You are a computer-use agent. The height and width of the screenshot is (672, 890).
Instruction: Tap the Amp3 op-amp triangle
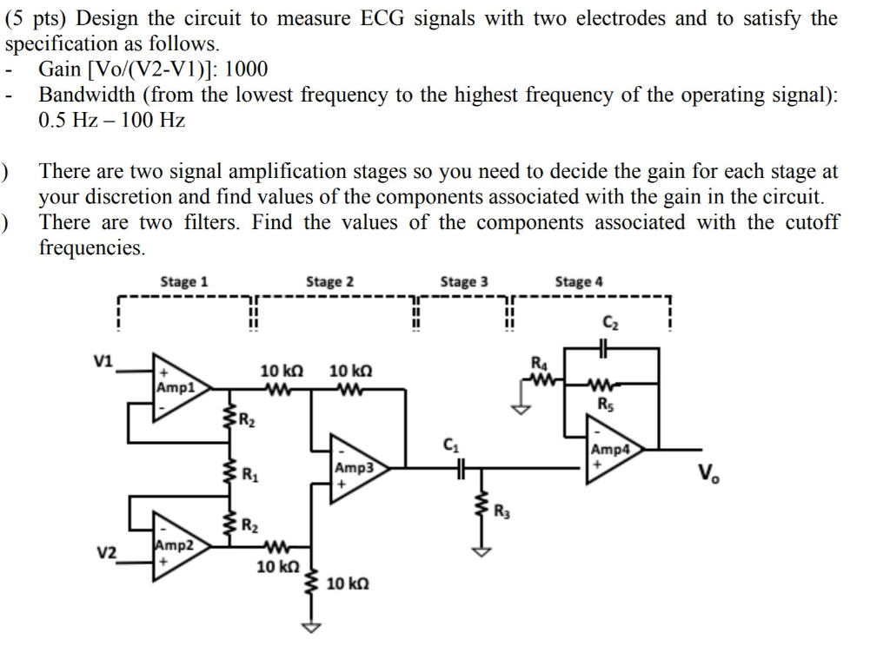click(355, 469)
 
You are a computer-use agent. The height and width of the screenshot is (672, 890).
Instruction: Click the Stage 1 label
click(184, 281)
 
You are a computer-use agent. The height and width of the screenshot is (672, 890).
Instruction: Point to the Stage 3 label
click(464, 281)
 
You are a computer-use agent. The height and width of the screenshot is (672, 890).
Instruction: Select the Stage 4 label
click(579, 281)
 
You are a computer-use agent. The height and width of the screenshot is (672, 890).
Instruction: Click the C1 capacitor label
click(450, 446)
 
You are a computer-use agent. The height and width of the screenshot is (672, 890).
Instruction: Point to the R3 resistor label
click(501, 510)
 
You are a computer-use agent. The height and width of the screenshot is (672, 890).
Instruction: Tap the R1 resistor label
click(249, 475)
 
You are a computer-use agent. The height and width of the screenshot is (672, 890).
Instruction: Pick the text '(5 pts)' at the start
click(37, 18)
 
